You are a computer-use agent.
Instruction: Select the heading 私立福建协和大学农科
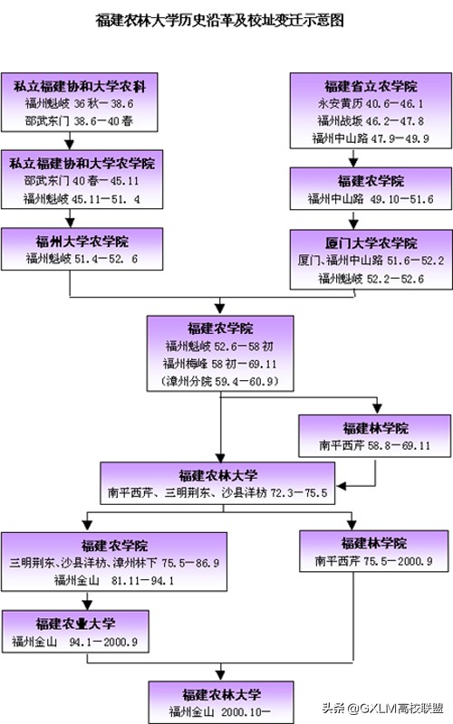(x=81, y=87)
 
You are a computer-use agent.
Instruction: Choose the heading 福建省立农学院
(x=370, y=87)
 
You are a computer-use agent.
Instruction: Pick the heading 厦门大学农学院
(x=370, y=243)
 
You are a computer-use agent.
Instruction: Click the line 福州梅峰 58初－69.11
(x=219, y=364)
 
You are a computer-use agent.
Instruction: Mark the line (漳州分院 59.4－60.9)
(x=219, y=381)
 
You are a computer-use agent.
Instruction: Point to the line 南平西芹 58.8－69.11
(x=374, y=445)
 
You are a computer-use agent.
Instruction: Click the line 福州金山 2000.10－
(x=219, y=711)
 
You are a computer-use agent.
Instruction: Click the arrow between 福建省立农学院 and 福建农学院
(x=370, y=157)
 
